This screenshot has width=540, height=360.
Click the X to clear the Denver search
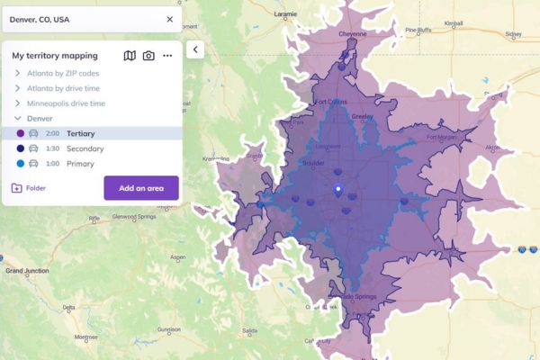coord(170,19)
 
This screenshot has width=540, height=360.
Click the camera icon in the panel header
coord(148,56)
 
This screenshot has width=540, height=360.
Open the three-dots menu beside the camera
coord(167,56)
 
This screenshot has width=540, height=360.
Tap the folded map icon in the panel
coord(130,56)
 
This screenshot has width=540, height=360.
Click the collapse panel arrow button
coord(195,50)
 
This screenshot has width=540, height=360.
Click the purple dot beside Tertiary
coord(21,133)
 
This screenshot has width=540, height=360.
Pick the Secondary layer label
coord(85,148)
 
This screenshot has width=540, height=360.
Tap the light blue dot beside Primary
coord(21,164)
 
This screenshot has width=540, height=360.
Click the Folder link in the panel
coord(35,188)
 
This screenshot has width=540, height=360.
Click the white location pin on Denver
coord(338,190)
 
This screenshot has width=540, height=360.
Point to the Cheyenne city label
coord(352,34)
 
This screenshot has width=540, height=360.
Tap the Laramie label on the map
coord(286,14)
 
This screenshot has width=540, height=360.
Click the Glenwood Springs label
coord(135,217)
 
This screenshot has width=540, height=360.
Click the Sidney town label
coord(513,35)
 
